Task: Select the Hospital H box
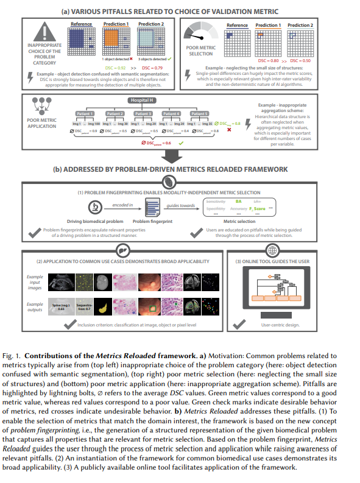143,100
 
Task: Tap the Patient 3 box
143,113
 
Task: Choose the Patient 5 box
199,113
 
